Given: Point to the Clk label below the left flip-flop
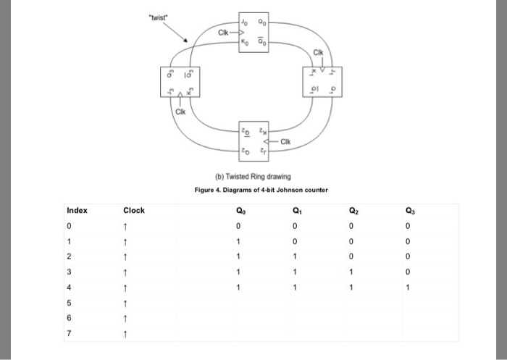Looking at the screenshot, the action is pyautogui.click(x=180, y=114).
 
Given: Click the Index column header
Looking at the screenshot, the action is pyautogui.click(x=77, y=211).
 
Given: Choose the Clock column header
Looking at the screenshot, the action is pyautogui.click(x=134, y=211).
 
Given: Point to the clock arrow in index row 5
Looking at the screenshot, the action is pyautogui.click(x=127, y=303).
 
